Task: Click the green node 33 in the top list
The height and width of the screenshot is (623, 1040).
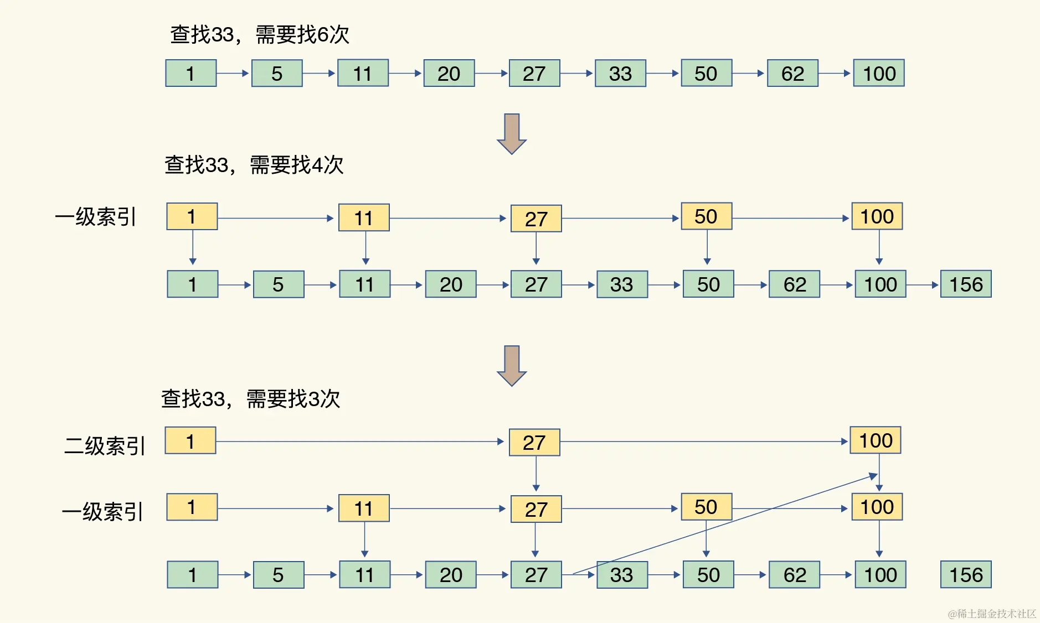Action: pyautogui.click(x=620, y=73)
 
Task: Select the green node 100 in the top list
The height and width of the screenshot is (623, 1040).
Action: pyautogui.click(x=879, y=73)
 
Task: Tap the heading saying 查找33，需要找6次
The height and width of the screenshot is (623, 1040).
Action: pyautogui.click(x=259, y=34)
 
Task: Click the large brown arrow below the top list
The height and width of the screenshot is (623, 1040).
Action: pyautogui.click(x=511, y=133)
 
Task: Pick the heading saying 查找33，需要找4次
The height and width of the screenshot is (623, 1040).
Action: pyautogui.click(x=254, y=165)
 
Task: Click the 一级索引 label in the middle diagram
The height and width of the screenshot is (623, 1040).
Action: pyautogui.click(x=95, y=217)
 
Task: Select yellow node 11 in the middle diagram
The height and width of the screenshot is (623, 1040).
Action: pyautogui.click(x=364, y=218)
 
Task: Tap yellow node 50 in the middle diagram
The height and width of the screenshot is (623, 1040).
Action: pyautogui.click(x=706, y=216)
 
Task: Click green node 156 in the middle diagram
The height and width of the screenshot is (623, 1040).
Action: pyautogui.click(x=966, y=284)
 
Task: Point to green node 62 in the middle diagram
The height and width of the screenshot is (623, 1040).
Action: pyautogui.click(x=794, y=284)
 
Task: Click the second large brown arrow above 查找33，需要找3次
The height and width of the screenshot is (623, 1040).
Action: pyautogui.click(x=511, y=365)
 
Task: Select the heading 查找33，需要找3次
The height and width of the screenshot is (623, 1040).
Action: pyautogui.click(x=250, y=398)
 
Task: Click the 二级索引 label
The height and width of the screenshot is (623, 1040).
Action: pyautogui.click(x=105, y=445)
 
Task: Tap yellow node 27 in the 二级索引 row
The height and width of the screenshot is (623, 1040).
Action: pyautogui.click(x=534, y=443)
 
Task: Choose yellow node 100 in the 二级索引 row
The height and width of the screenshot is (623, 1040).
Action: pyautogui.click(x=876, y=440)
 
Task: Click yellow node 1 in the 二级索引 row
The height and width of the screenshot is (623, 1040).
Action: pyautogui.click(x=191, y=441)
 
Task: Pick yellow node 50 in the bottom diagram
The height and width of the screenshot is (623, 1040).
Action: pyautogui.click(x=706, y=507)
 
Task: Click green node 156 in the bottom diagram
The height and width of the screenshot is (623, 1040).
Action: pyautogui.click(x=966, y=575)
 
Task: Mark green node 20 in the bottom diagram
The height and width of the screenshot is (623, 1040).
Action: pyautogui.click(x=451, y=575)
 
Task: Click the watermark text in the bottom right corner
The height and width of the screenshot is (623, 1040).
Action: pyautogui.click(x=992, y=613)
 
